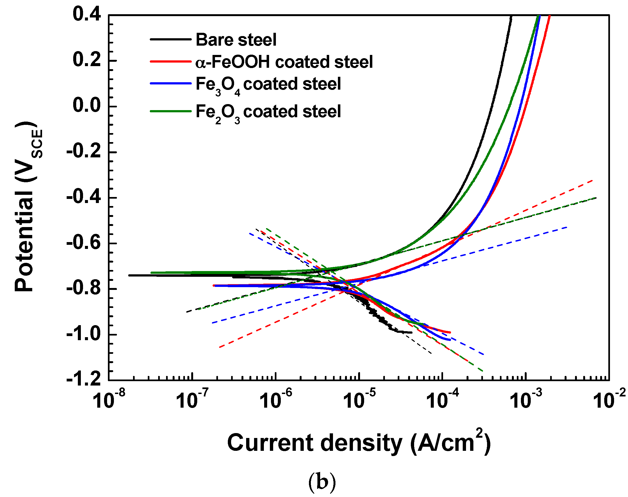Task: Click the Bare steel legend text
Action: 236,40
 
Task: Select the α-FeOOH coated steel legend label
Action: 284,62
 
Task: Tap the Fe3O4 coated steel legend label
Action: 268,84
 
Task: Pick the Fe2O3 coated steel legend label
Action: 268,112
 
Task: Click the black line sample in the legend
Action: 170,39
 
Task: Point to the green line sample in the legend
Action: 170,111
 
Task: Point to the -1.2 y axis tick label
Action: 84,380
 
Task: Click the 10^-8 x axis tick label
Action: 109,399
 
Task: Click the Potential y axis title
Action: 28,207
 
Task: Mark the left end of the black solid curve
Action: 129,275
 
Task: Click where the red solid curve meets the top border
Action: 549,15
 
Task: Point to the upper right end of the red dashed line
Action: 592,181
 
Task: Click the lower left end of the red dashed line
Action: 220,347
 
